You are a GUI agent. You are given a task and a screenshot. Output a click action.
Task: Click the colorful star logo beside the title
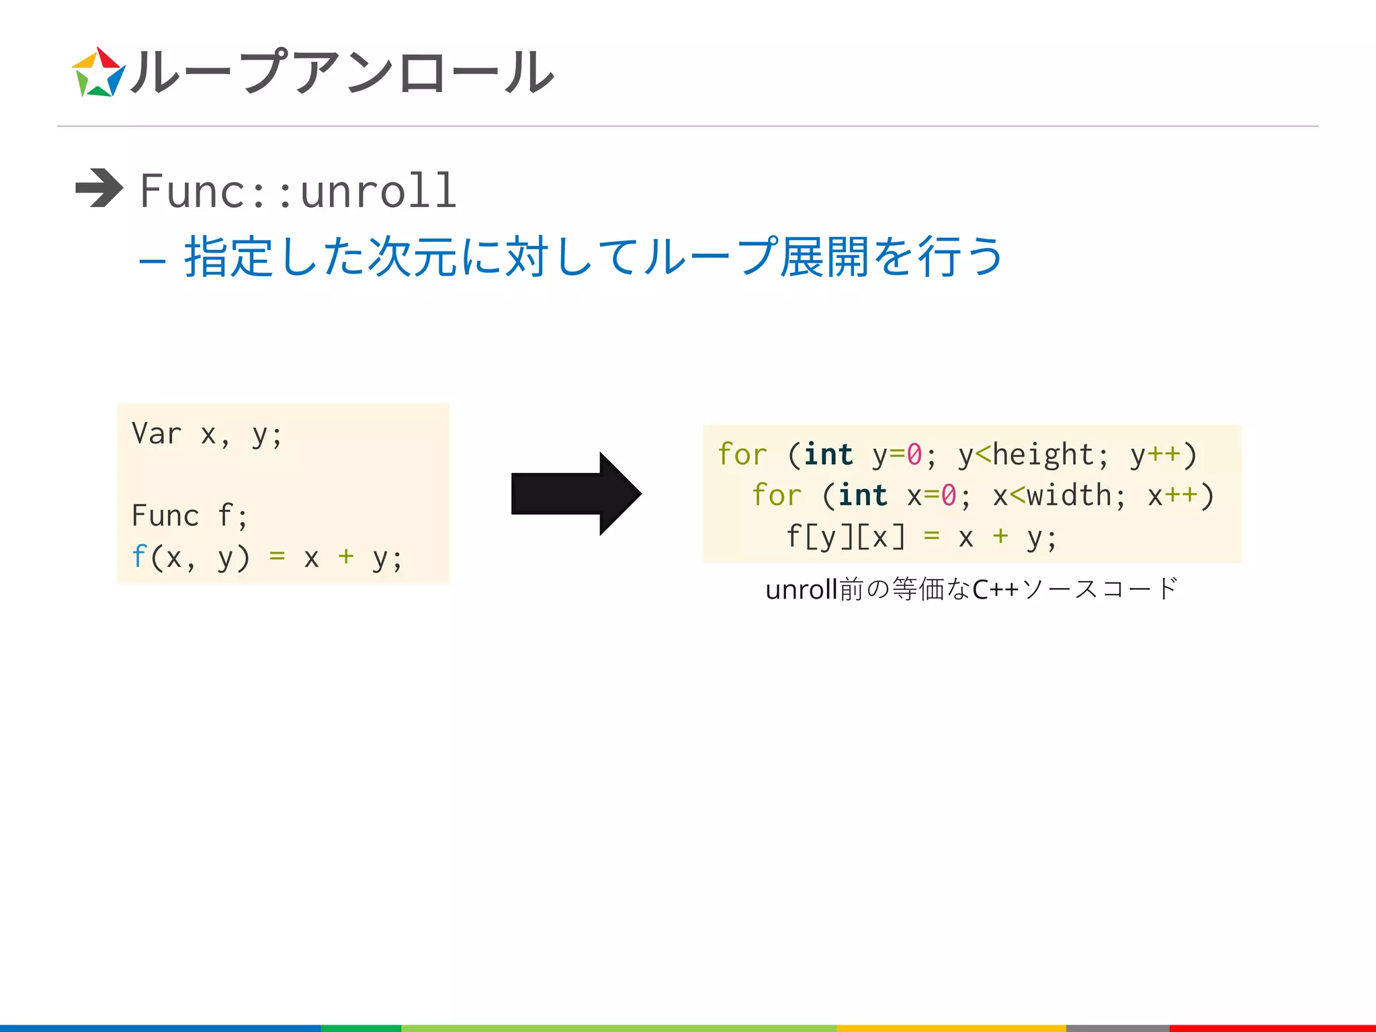click(98, 73)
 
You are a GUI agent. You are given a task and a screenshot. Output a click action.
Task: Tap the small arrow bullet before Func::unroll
click(99, 188)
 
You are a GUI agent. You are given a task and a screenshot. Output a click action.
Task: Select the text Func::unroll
click(298, 191)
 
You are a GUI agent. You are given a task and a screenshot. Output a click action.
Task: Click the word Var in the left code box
click(157, 433)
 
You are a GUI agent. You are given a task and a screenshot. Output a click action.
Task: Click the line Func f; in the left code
click(189, 516)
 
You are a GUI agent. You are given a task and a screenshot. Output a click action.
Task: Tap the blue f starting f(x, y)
click(138, 557)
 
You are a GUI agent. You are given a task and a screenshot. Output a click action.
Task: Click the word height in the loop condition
click(1043, 455)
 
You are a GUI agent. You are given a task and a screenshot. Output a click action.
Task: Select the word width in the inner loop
click(1068, 496)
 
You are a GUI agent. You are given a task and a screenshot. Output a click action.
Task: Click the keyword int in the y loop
click(828, 455)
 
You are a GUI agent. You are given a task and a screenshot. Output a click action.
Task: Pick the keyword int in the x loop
click(863, 496)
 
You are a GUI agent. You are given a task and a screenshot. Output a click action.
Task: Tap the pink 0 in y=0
click(914, 455)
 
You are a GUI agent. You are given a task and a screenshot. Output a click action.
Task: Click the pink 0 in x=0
click(948, 496)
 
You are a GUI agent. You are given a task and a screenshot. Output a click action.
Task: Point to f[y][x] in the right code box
click(845, 537)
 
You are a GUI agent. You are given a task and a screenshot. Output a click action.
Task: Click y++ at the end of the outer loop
click(1155, 455)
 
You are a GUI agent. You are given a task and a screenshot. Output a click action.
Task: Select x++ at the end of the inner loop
click(1172, 496)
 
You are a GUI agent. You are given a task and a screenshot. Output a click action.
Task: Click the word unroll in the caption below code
click(801, 589)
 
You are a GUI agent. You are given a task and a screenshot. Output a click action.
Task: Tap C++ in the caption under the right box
click(995, 589)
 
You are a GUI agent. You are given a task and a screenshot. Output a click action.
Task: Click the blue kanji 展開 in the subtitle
click(824, 257)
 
